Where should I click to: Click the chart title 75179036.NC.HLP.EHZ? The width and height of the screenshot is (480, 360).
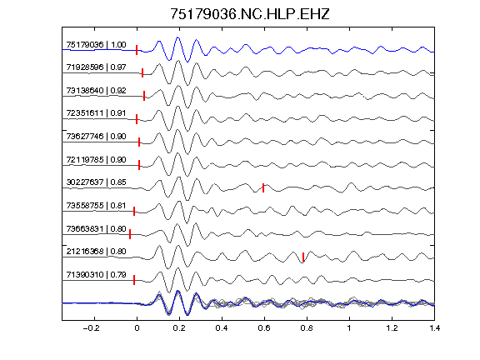pos(249,14)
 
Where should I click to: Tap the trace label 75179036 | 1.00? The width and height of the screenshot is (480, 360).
pos(96,45)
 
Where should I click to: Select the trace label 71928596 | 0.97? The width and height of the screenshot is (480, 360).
pos(96,67)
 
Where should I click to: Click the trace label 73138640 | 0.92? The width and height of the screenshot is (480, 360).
pos(96,91)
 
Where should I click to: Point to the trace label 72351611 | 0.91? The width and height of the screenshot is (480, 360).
pos(96,113)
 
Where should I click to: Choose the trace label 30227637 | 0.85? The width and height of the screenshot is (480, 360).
pos(96,182)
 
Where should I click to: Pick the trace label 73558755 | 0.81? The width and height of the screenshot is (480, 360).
pos(96,205)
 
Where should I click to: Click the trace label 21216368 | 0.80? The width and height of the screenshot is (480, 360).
pos(96,252)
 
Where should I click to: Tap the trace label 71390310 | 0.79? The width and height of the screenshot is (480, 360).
pos(96,275)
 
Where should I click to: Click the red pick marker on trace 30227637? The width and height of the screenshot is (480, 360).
pos(263,187)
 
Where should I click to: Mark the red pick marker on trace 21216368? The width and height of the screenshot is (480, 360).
pos(303,257)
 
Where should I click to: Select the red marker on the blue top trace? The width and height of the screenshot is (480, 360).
pos(137,50)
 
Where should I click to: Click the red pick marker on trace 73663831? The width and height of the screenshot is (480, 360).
pos(130,234)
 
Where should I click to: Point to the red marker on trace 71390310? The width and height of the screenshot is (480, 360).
pos(134,280)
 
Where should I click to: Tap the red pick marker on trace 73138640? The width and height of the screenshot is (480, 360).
pos(144,96)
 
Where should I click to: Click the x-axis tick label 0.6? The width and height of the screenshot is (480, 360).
pos(264,328)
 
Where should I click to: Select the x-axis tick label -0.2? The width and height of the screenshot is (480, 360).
pos(91,328)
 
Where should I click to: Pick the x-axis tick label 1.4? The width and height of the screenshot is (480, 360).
pos(434,328)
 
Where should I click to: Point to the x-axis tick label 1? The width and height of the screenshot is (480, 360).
pos(349,328)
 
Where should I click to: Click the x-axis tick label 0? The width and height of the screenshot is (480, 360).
pos(137,328)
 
